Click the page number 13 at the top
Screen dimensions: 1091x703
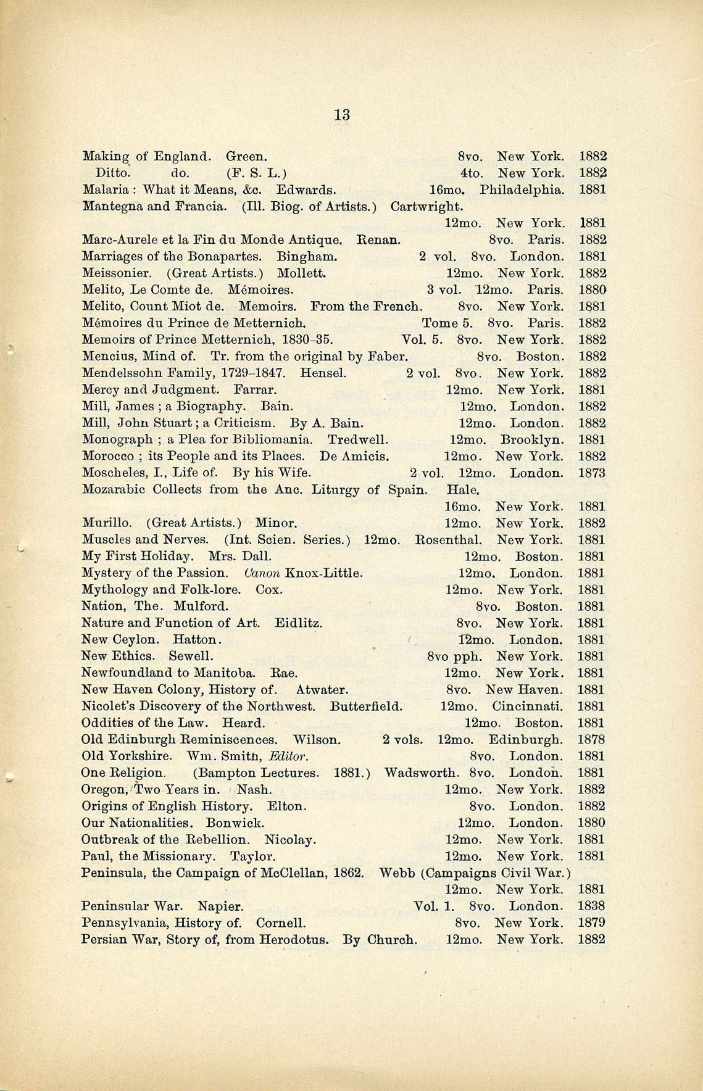click(x=342, y=115)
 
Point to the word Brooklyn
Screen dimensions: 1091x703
click(x=531, y=440)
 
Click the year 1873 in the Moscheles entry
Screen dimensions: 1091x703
click(x=591, y=473)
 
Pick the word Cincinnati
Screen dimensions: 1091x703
click(x=527, y=707)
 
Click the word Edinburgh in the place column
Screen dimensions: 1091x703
click(x=525, y=740)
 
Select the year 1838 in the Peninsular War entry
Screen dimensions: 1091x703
click(x=591, y=906)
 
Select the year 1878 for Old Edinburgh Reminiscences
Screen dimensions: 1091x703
click(x=591, y=740)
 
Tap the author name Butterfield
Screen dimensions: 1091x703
click(x=366, y=707)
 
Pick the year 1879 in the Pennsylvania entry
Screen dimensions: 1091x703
click(x=591, y=923)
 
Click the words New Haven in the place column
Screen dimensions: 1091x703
click(x=524, y=690)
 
